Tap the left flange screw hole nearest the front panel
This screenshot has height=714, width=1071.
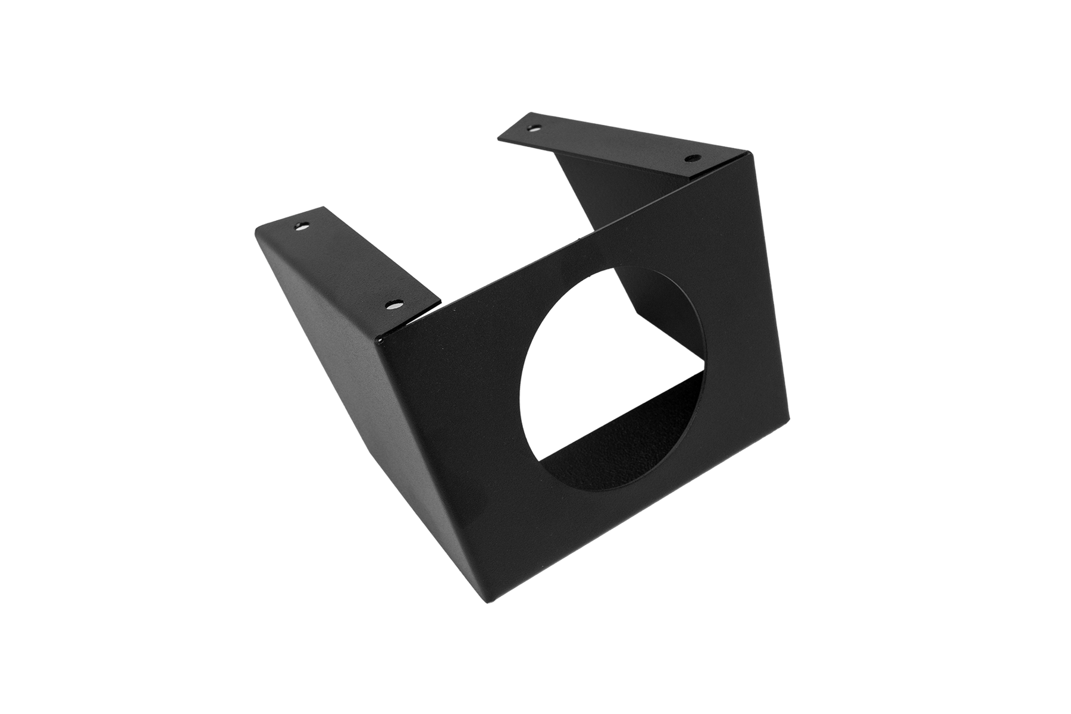[393, 305]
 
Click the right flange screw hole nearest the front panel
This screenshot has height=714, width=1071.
[692, 159]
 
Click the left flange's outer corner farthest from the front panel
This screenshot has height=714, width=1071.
[254, 228]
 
